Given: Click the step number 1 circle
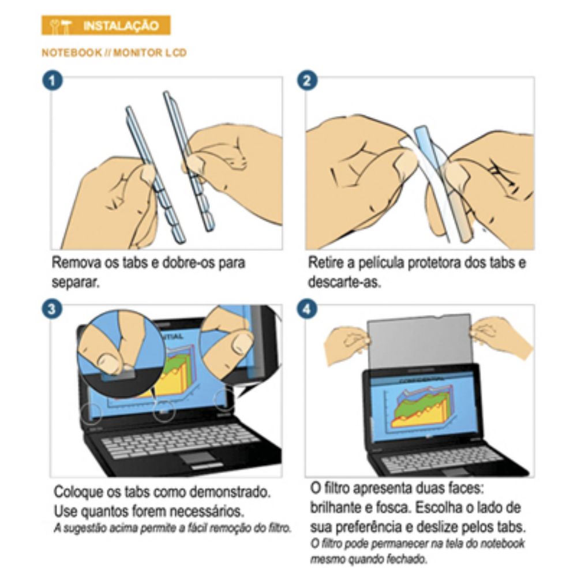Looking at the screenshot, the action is (53, 81).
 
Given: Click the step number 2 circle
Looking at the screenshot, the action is (308, 81).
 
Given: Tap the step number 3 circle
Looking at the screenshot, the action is (52, 308).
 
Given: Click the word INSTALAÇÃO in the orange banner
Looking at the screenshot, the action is (121, 26).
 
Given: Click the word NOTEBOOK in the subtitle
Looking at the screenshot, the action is (72, 53).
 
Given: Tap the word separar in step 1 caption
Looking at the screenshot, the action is (76, 283).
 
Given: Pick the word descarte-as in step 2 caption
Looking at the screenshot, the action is (344, 282).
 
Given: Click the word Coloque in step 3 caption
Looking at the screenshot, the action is (78, 492).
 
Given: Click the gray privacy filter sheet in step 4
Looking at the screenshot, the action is (419, 340).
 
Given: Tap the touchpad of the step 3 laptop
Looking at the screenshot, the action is (197, 458).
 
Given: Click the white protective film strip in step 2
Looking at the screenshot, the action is (426, 184).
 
